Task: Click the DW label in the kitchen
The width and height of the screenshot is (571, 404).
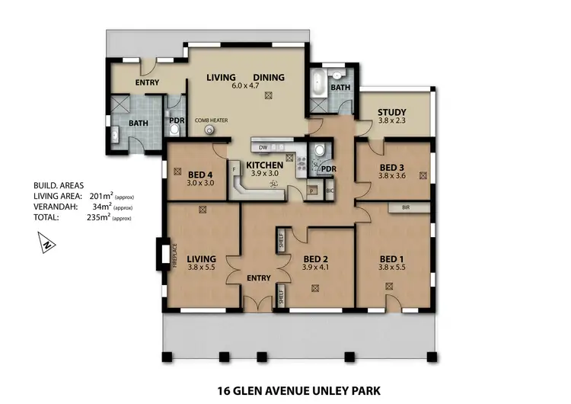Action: (x=263, y=146)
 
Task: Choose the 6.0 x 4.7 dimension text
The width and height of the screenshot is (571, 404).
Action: (x=246, y=85)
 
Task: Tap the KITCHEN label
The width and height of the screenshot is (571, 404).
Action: (x=264, y=165)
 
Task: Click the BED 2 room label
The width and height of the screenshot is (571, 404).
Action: (x=314, y=258)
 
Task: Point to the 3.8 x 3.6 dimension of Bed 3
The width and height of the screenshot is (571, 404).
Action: (x=392, y=176)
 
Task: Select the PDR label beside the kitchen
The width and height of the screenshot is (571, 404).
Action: (x=329, y=169)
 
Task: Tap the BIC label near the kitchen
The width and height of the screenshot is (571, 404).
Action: (x=330, y=191)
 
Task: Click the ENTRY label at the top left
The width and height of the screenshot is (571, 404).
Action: (x=148, y=83)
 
